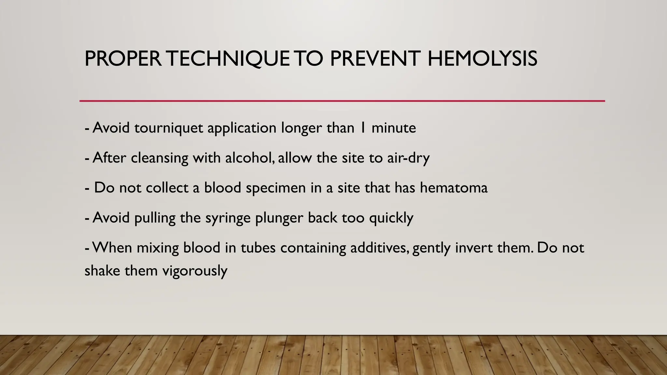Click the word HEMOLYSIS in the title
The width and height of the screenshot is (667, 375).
coord(482,59)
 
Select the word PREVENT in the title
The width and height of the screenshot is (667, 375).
coord(375,59)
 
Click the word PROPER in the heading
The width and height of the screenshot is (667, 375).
coord(123,59)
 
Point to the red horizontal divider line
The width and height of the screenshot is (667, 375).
coord(342,101)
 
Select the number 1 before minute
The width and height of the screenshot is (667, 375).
coord(362,128)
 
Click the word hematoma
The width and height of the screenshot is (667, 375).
coord(454,188)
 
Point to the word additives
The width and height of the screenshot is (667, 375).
coord(379,248)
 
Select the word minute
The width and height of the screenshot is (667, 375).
coord(393,128)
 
